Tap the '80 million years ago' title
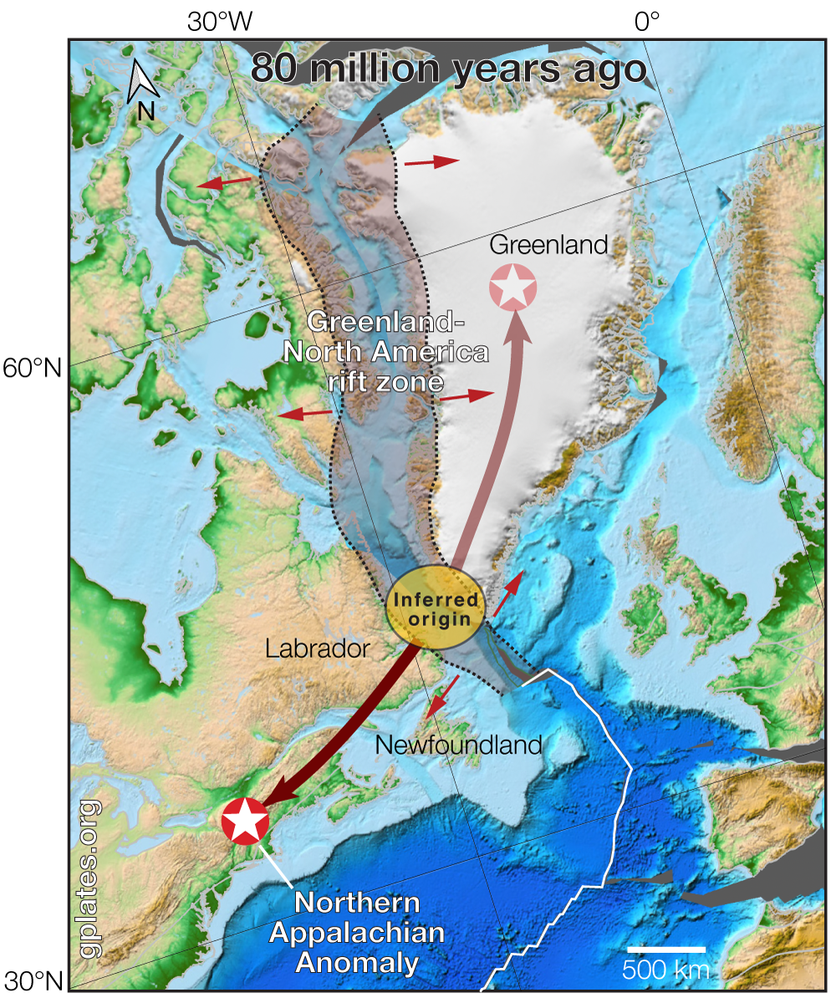pyautogui.click(x=448, y=69)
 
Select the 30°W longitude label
pyautogui.click(x=220, y=22)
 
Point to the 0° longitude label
pyautogui.click(x=648, y=22)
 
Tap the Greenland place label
pyautogui.click(x=548, y=245)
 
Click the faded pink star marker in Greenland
pyautogui.click(x=512, y=288)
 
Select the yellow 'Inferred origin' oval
pyautogui.click(x=436, y=608)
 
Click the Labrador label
pyautogui.click(x=317, y=649)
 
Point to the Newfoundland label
pyautogui.click(x=459, y=743)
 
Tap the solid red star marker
pyautogui.click(x=245, y=821)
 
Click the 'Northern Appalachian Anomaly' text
pyautogui.click(x=357, y=932)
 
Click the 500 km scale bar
pyautogui.click(x=666, y=950)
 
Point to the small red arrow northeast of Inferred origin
pyautogui.click(x=507, y=593)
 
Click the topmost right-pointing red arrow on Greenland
pyautogui.click(x=431, y=161)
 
